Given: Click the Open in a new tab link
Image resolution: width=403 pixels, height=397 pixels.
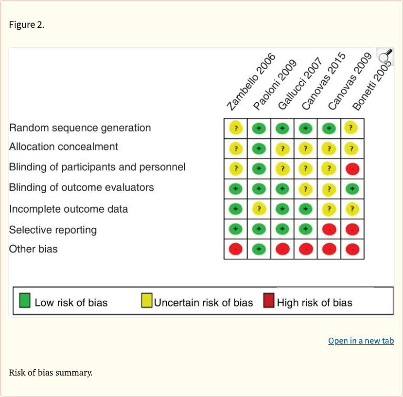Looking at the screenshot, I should click(360, 341).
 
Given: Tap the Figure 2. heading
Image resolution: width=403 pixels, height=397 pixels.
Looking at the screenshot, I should click(27, 25).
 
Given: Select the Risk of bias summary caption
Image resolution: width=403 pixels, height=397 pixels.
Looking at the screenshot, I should click(50, 373).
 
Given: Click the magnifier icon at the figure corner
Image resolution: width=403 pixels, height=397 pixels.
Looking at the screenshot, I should click(385, 56).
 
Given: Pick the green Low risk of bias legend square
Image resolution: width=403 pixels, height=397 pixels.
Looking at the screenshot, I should click(25, 301).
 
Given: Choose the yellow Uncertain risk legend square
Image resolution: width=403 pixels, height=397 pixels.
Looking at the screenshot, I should click(146, 301).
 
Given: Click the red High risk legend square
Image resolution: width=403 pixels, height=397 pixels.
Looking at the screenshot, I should click(269, 301).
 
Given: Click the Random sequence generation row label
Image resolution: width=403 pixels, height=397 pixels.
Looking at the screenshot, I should click(80, 128).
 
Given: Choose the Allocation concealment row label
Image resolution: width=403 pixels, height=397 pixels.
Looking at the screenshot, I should click(63, 147).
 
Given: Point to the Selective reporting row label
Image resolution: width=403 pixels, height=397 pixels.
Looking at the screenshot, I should click(53, 229).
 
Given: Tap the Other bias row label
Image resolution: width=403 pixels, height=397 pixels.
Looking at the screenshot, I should click(33, 249).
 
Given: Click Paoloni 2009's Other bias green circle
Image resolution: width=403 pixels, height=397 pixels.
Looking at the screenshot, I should click(259, 249).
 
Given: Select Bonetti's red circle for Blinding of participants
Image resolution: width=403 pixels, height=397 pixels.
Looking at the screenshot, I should click(352, 169).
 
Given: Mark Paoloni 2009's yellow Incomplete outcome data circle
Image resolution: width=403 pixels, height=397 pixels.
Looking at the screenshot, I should click(259, 209).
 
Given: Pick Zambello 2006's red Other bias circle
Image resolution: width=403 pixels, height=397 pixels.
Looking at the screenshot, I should click(236, 249).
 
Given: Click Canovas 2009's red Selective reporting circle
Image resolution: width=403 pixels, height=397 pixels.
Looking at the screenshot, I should click(329, 229).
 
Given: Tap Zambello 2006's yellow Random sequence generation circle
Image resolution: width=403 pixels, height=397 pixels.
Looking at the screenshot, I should click(236, 128).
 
